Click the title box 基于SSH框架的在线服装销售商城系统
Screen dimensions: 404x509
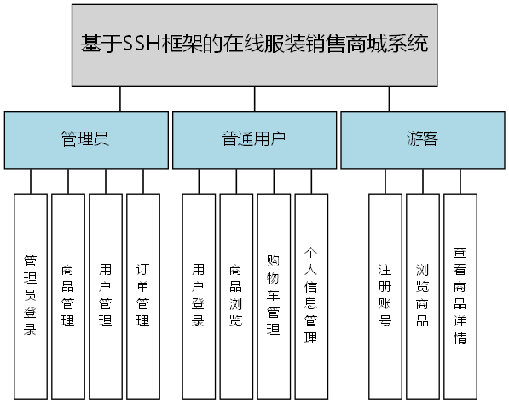click(254, 44)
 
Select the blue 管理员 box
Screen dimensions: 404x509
click(84, 139)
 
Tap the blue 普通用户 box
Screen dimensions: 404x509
click(253, 139)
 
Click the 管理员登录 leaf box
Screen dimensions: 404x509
click(30, 296)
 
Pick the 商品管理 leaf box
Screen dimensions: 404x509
click(68, 296)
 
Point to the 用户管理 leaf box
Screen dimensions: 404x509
click(106, 296)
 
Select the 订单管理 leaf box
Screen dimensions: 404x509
click(143, 296)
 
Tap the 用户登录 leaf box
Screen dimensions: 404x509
click(199, 296)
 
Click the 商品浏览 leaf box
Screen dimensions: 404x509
click(236, 296)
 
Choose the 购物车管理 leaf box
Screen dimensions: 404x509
click(274, 296)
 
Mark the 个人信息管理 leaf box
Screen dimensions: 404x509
click(311, 296)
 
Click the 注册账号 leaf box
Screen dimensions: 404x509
click(385, 296)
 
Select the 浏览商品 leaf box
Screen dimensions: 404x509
click(422, 296)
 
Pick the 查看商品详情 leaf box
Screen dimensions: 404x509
click(460, 296)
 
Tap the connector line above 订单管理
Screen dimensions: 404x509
click(143, 181)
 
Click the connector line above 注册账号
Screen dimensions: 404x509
click(385, 181)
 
